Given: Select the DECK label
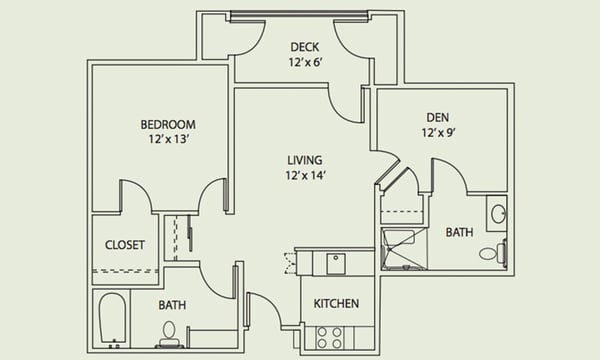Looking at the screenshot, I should [305, 47].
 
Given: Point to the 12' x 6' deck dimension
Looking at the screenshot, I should [305, 62].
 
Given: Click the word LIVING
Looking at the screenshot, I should [304, 160].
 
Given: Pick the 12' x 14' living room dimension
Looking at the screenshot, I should [304, 176].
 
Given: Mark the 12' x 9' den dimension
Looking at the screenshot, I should [441, 132].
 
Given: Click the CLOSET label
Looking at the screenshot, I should [125, 245].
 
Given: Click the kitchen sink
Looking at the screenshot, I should [337, 263].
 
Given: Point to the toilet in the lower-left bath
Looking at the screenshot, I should [169, 331].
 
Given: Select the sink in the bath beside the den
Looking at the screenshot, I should [497, 213].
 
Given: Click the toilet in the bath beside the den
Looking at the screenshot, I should [491, 252].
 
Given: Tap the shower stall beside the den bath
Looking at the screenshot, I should [403, 251].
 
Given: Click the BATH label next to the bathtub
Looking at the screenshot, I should [172, 304].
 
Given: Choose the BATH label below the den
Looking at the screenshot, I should [459, 232].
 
